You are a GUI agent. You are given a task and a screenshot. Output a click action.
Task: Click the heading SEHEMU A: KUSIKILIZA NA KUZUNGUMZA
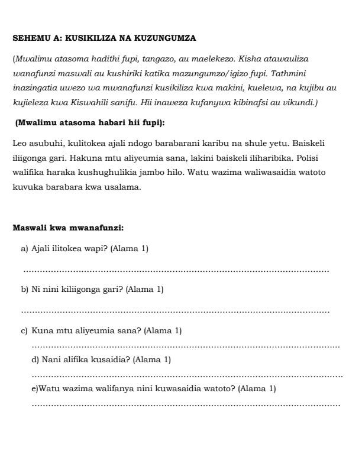[104, 38]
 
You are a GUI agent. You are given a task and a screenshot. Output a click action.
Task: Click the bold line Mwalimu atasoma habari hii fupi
[90, 123]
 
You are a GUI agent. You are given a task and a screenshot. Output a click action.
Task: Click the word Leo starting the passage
[19, 144]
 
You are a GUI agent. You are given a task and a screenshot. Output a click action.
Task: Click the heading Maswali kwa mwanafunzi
[68, 227]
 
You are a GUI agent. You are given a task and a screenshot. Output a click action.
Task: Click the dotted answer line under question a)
[176, 271]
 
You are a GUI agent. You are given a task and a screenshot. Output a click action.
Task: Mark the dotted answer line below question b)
[176, 311]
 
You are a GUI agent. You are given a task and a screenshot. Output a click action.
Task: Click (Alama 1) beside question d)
[152, 359]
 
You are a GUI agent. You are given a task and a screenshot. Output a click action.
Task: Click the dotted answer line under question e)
[186, 405]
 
